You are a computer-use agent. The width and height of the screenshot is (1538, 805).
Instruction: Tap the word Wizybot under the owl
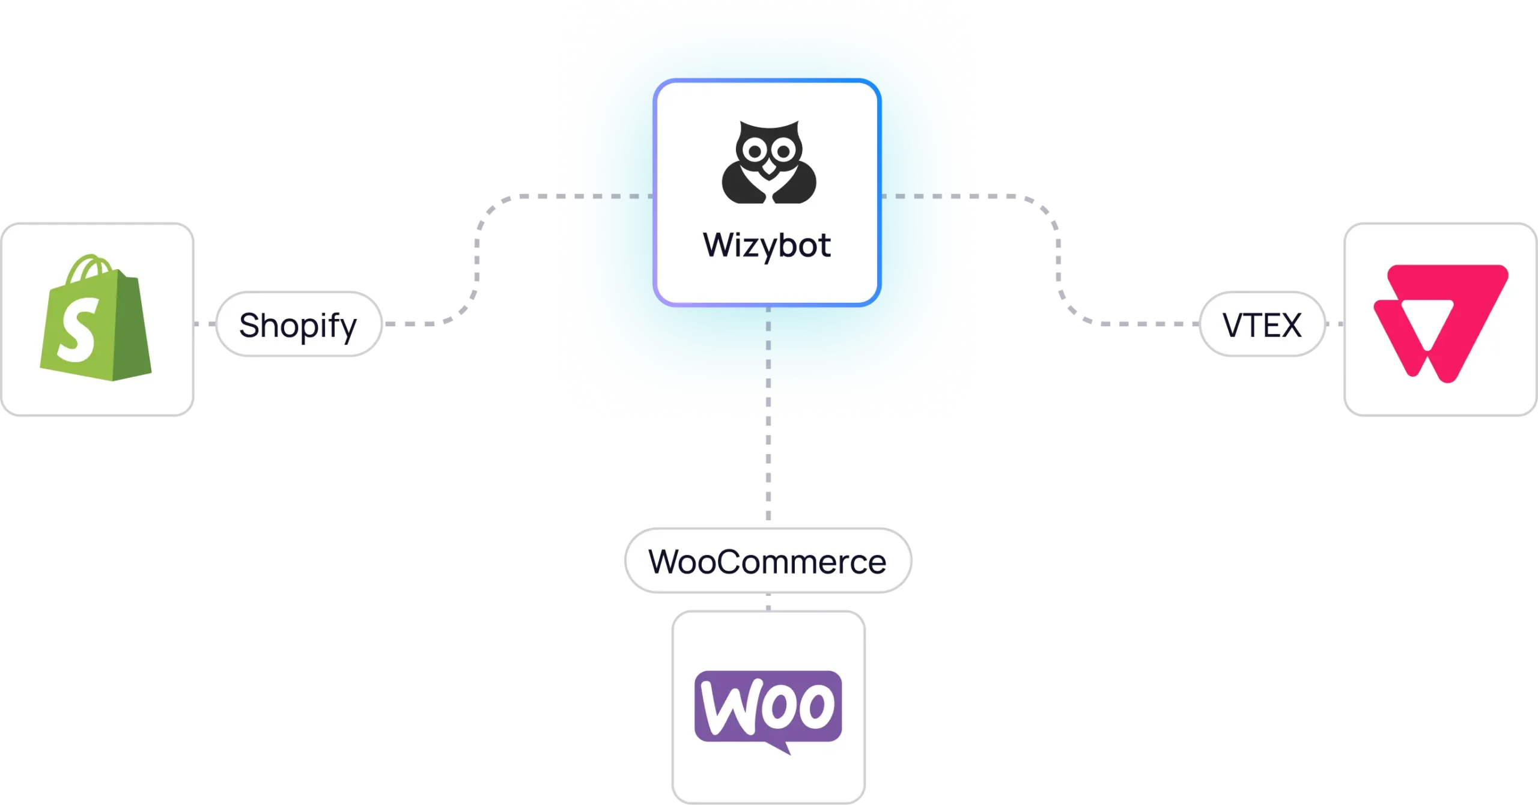pos(767,245)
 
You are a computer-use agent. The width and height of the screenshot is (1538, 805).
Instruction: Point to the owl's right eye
pos(783,153)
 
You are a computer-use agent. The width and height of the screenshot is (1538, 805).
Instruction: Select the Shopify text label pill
pos(299,325)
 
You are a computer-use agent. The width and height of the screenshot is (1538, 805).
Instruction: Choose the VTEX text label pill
pos(1262,325)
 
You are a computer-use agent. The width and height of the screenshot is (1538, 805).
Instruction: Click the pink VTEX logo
pos(1439,323)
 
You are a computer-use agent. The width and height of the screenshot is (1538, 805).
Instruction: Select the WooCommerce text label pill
pos(767,562)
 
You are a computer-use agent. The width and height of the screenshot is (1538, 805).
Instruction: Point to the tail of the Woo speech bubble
pos(783,747)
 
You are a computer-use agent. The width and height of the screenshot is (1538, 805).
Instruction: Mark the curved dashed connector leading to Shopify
pos(479,258)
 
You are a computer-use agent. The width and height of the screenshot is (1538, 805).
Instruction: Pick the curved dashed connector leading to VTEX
pos(1056,258)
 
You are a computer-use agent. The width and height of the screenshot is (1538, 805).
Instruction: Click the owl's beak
pos(768,176)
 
